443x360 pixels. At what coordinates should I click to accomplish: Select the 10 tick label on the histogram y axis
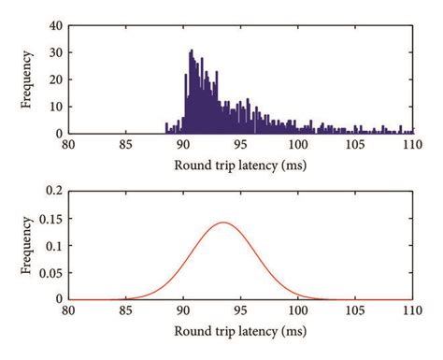tap(57, 107)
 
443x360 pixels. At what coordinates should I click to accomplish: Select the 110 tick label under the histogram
tap(412, 146)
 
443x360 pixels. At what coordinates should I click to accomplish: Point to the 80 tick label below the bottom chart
tap(69, 312)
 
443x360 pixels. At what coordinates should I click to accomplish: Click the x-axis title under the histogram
tap(240, 165)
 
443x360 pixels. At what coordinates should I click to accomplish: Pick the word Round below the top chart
tap(193, 165)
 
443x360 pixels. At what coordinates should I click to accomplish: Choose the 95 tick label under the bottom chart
tap(240, 312)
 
